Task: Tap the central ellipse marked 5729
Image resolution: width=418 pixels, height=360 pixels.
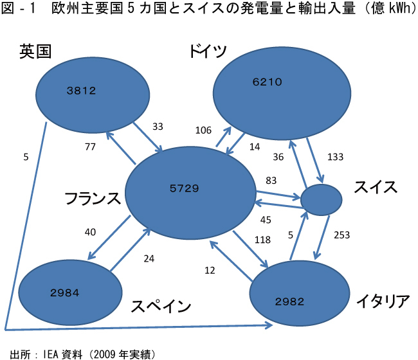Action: pos(190,190)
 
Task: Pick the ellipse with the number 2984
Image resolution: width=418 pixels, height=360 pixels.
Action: pos(71,292)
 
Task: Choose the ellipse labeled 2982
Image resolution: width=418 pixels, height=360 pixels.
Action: pos(293,300)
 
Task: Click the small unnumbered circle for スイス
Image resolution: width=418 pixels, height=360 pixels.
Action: pos(321,200)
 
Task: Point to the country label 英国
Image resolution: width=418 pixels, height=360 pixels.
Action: pos(35,51)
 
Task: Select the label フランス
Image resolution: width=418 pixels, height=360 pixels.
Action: pos(93,199)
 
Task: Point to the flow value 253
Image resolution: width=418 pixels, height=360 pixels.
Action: pos(342,235)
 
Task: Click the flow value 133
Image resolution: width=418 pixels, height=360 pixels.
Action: pos(335,157)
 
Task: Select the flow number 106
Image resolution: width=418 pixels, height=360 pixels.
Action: pos(203,130)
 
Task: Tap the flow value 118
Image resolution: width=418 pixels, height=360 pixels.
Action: pos(244,240)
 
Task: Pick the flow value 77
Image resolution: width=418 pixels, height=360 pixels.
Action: pos(90,147)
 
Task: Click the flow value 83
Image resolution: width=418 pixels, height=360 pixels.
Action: pos(271,181)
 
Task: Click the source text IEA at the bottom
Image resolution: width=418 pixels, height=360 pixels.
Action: pos(53,353)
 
